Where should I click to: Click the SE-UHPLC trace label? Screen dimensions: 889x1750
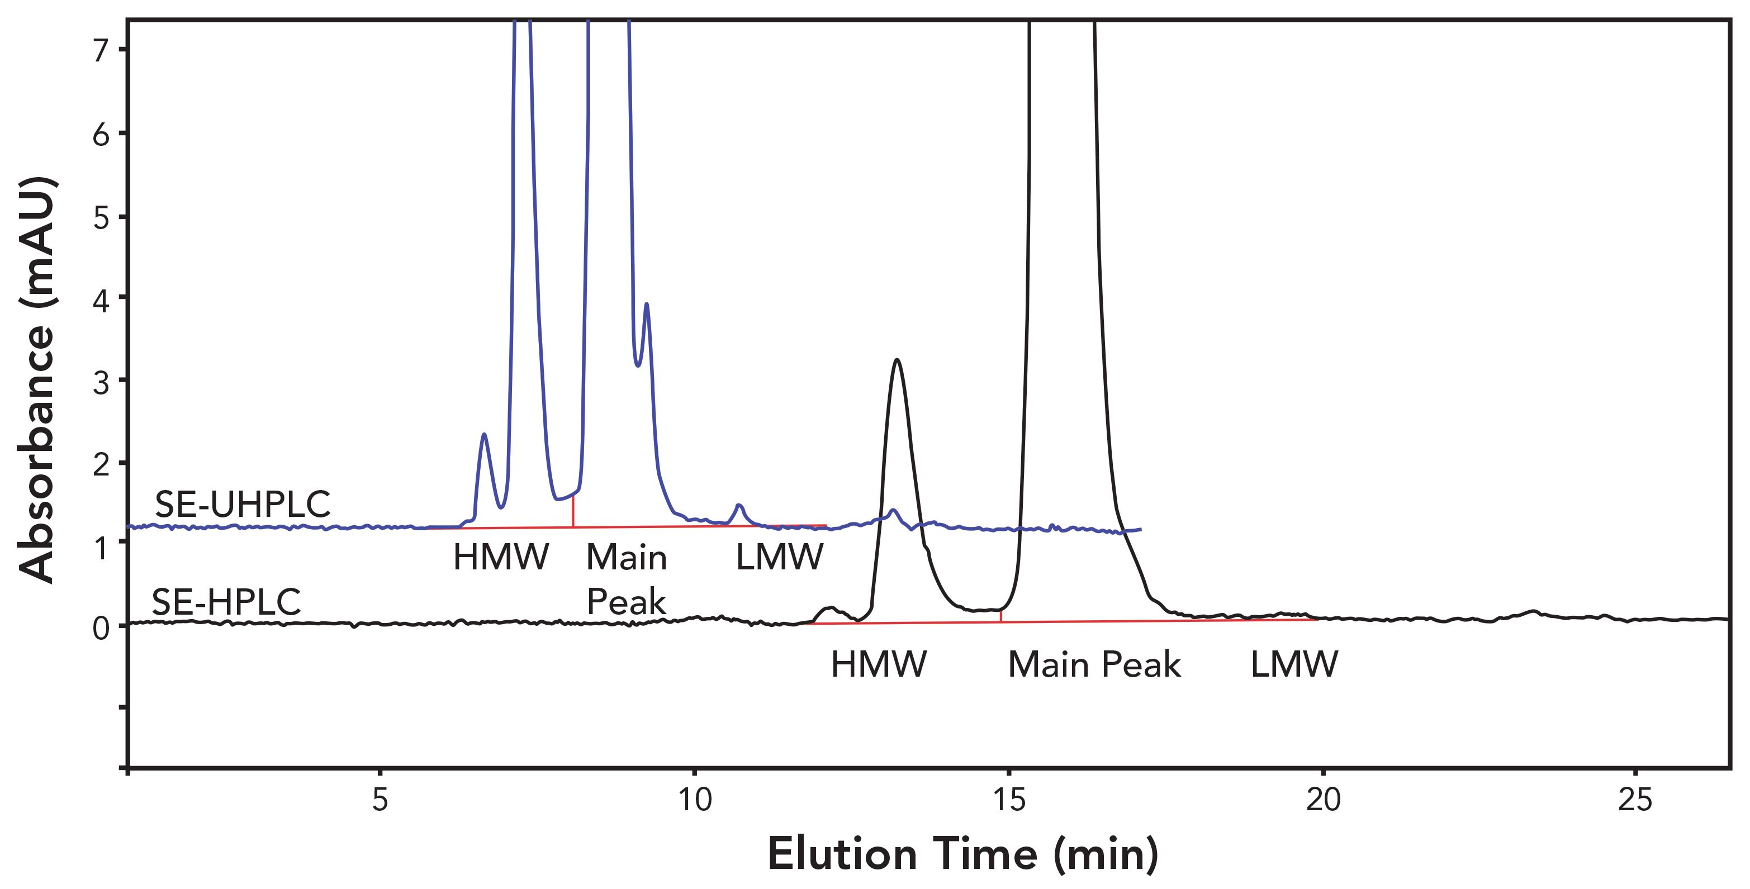[243, 505]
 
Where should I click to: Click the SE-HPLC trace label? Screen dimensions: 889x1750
[226, 602]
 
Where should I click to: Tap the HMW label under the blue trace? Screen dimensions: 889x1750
[501, 558]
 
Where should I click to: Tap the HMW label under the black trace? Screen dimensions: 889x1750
[879, 664]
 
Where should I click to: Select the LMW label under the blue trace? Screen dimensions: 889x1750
[779, 558]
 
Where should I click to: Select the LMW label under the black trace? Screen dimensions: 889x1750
[1293, 664]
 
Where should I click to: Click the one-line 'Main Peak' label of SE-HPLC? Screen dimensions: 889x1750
[1094, 664]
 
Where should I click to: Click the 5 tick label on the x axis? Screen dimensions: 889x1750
[380, 800]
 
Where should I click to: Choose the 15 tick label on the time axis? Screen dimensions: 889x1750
[1009, 800]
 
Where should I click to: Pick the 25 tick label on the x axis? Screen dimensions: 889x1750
[1634, 800]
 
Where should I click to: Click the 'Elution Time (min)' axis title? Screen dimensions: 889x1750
[962, 854]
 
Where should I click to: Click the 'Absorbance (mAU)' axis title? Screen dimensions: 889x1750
[37, 381]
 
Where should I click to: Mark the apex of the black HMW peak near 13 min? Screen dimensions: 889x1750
[898, 360]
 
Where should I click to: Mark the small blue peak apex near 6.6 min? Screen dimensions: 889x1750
[483, 434]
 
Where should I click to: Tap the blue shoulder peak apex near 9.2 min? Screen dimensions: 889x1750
[646, 305]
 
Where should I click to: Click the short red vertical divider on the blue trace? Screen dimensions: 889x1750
[573, 511]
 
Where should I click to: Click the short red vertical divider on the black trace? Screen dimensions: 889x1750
[1000, 615]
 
